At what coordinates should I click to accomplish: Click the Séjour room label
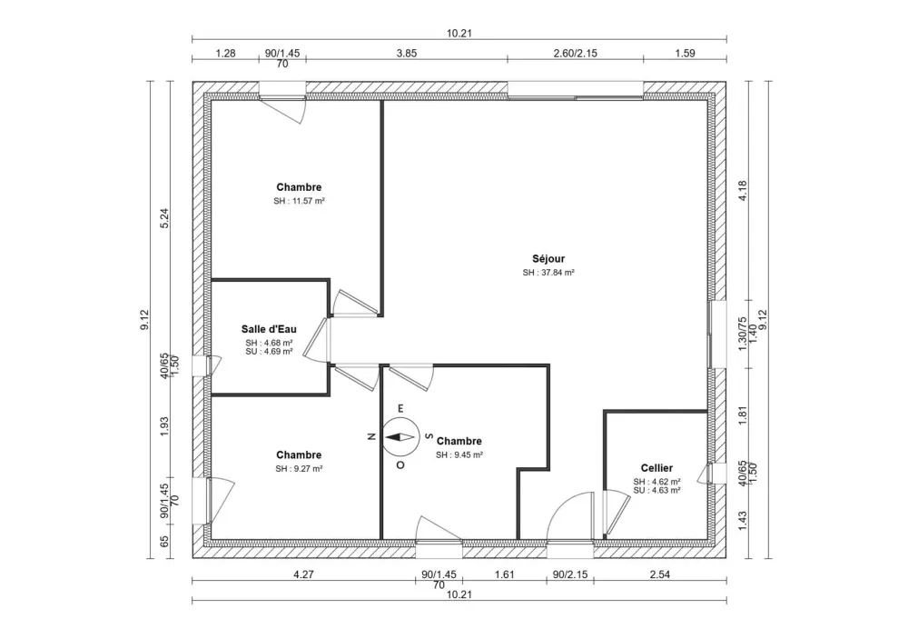(x=549, y=258)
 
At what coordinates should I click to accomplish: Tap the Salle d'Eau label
(x=268, y=329)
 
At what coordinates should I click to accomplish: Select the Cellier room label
(x=656, y=468)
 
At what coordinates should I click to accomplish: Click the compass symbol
(x=398, y=436)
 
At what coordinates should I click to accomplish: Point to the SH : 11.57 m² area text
(x=299, y=201)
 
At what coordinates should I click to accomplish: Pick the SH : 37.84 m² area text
(x=549, y=272)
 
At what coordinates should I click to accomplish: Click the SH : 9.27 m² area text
(x=299, y=469)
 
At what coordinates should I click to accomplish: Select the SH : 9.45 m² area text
(x=459, y=454)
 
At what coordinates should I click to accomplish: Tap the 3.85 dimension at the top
(x=406, y=53)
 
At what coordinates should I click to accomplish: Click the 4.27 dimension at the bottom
(x=302, y=574)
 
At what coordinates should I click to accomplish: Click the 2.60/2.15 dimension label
(x=575, y=53)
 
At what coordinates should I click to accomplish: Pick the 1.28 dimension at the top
(x=225, y=53)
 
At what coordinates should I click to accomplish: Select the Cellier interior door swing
(x=614, y=514)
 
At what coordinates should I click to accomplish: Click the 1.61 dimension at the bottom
(x=504, y=574)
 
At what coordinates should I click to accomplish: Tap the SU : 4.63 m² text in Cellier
(x=656, y=490)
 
